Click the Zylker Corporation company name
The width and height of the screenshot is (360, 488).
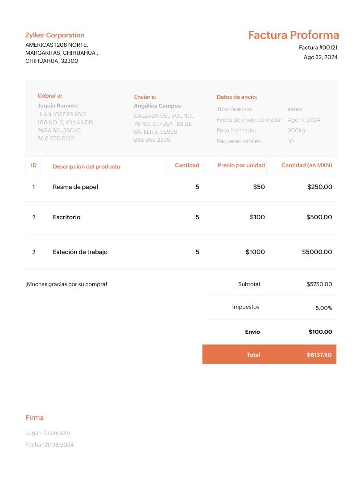[55, 35]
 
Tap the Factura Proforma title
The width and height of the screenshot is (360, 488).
[294, 35]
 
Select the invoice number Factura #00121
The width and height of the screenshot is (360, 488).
[318, 48]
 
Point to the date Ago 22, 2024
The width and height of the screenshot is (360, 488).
[320, 57]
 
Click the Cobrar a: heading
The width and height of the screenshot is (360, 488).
[50, 95]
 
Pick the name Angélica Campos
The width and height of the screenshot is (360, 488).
[157, 106]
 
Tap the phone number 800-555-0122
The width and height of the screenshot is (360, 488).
[56, 139]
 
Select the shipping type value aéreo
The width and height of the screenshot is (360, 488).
[294, 109]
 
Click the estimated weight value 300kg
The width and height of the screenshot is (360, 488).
[296, 131]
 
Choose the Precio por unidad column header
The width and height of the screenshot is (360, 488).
[241, 165]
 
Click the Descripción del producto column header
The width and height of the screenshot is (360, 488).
[87, 167]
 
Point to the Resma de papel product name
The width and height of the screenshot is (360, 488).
[75, 187]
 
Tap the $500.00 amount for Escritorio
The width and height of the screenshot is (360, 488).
[319, 217]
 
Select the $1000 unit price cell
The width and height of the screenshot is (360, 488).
[255, 252]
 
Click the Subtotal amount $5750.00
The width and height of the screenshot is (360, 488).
[319, 284]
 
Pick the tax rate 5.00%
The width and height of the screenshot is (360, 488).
[323, 308]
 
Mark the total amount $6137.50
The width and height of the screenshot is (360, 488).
[319, 355]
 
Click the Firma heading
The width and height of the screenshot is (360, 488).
[34, 418]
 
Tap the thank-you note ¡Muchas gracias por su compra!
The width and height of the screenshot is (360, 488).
[66, 284]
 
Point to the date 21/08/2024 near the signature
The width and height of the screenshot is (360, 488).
[58, 445]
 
